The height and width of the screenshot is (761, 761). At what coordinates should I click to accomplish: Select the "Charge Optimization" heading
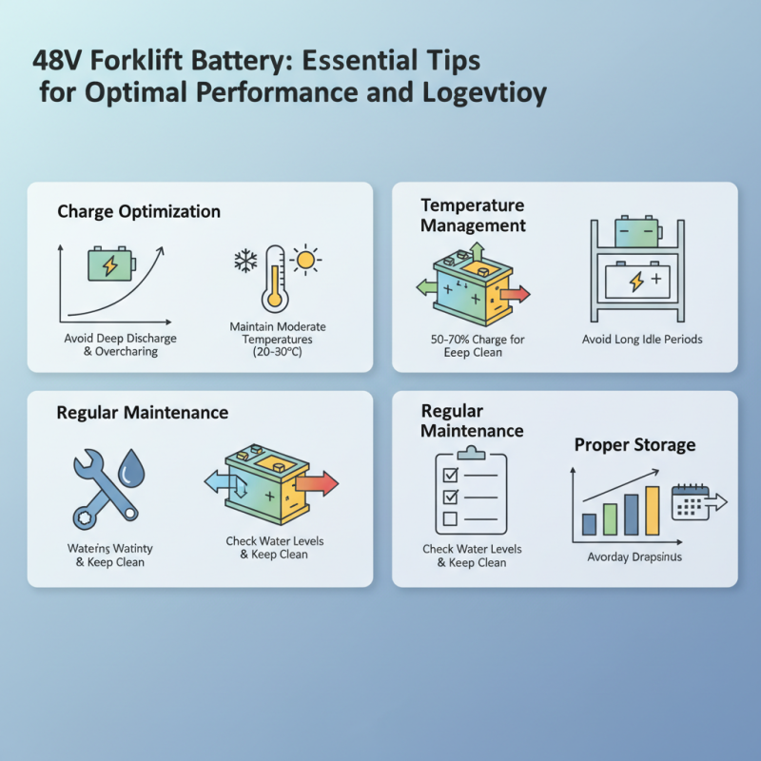(139, 211)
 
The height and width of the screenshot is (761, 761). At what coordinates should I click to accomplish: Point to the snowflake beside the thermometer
(245, 262)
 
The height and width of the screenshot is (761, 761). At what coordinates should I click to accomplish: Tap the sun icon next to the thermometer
(305, 259)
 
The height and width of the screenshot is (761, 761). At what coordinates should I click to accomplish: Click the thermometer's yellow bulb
(276, 299)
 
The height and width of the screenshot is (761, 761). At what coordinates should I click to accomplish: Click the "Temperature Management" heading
(473, 215)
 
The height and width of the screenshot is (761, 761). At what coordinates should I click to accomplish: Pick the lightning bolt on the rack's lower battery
(637, 282)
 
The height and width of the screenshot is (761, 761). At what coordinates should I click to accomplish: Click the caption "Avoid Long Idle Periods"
(642, 339)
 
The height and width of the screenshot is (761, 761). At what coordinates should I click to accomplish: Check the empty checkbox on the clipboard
(450, 518)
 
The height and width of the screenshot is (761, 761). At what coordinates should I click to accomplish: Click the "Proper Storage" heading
(634, 445)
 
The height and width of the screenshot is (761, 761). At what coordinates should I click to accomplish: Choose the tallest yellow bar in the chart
(652, 511)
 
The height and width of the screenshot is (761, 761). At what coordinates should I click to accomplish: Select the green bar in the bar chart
(610, 519)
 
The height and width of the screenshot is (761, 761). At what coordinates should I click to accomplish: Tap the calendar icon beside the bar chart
(690, 503)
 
